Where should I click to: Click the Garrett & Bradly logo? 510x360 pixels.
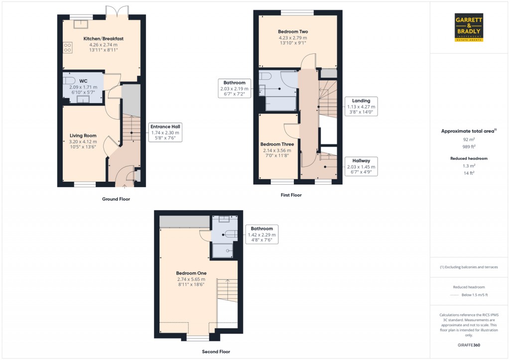(469, 28)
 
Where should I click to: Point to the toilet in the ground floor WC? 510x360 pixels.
(69, 80)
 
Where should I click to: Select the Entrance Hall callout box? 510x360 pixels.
(165, 132)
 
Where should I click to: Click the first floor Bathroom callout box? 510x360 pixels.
(234, 88)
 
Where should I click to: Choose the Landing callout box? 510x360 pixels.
(361, 107)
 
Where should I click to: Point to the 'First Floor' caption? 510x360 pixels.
(291, 195)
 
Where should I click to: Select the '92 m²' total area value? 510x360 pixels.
(467, 140)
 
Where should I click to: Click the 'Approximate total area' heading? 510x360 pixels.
(467, 131)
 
